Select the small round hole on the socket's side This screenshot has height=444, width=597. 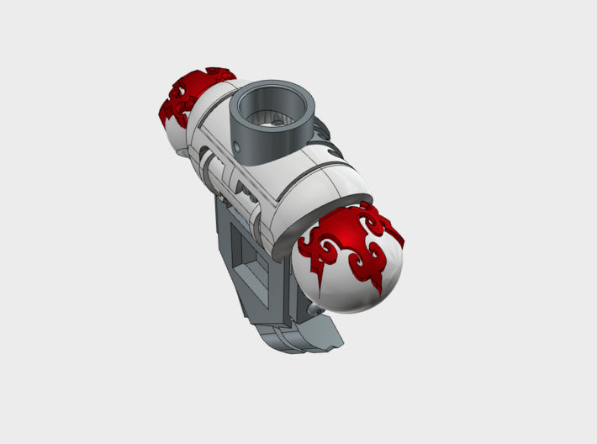[x=237, y=148]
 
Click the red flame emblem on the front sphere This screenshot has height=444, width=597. [x=353, y=240]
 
